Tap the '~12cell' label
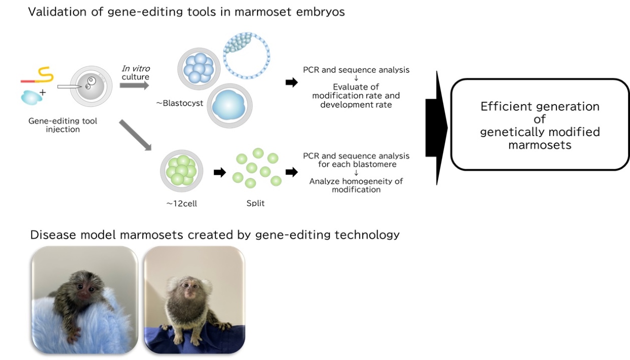(182, 203)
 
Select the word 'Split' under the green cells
(255, 203)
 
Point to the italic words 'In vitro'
(136, 69)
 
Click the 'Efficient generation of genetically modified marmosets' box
(540, 125)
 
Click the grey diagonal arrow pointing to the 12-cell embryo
(135, 135)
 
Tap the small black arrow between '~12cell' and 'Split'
(219, 172)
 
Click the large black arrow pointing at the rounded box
(436, 127)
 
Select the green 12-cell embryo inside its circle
(182, 171)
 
